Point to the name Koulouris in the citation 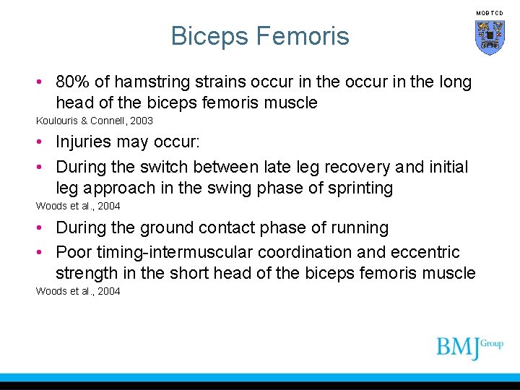click(59, 121)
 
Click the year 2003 click(141, 121)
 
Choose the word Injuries click(84, 143)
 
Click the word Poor click(73, 252)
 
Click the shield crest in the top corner click(489, 38)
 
